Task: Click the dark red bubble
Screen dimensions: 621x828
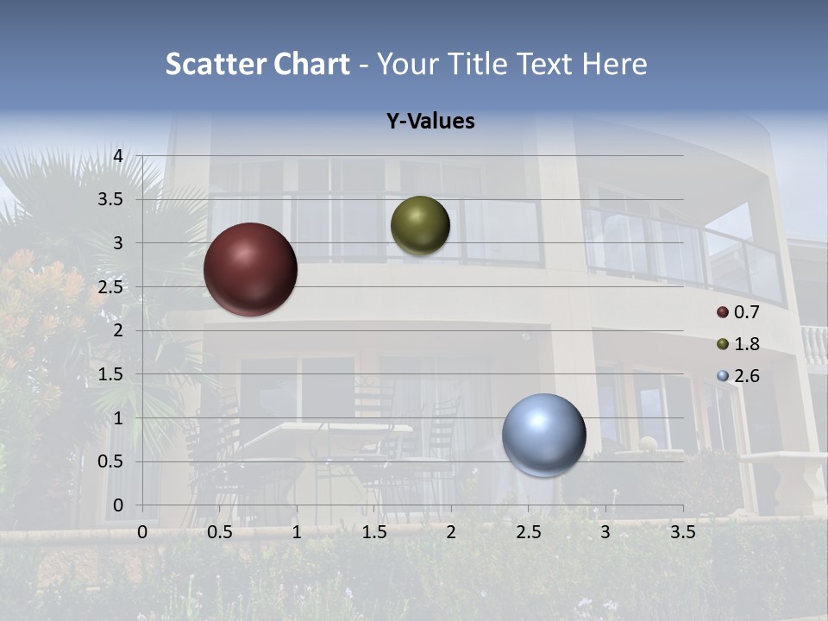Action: tap(250, 269)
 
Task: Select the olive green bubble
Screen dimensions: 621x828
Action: tap(420, 225)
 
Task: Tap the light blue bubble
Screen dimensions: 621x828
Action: tap(543, 435)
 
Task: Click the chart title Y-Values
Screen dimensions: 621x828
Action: tap(430, 122)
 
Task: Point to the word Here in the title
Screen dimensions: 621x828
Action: tap(613, 64)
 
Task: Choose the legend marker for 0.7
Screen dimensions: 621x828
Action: tap(723, 312)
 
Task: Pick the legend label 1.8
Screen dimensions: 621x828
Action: tap(746, 344)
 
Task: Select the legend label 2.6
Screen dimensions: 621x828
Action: tap(746, 376)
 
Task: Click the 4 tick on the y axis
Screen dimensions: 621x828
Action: tap(119, 156)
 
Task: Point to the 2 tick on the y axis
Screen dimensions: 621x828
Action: tap(119, 330)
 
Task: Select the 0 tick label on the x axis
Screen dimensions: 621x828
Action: tap(142, 532)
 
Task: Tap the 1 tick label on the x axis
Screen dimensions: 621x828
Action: tap(297, 532)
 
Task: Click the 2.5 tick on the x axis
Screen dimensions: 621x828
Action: tap(528, 532)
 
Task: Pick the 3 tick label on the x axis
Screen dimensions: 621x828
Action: tap(605, 532)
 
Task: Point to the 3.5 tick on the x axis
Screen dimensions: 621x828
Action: tap(682, 532)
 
